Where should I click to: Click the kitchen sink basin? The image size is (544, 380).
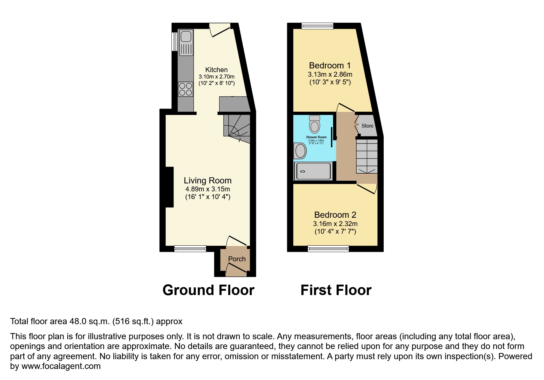click(186, 37)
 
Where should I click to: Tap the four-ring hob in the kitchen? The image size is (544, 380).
click(186, 89)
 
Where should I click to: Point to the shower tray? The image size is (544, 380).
click(313, 171)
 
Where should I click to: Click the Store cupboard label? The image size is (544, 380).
click(367, 126)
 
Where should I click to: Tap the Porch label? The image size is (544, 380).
click(237, 259)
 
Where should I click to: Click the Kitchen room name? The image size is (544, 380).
click(216, 70)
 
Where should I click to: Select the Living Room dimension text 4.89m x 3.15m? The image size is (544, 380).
click(208, 189)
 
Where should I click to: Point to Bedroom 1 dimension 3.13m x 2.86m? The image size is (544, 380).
click(330, 74)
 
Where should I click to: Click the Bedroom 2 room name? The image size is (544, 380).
click(335, 215)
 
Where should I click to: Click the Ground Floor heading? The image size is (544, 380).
click(208, 290)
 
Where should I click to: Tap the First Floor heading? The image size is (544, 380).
click(336, 290)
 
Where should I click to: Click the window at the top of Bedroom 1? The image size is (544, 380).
click(317, 26)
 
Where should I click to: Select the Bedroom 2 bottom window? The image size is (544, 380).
click(328, 249)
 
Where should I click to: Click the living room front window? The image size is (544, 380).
click(190, 249)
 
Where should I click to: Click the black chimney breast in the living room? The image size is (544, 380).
click(170, 187)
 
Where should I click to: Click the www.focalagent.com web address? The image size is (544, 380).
click(61, 366)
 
